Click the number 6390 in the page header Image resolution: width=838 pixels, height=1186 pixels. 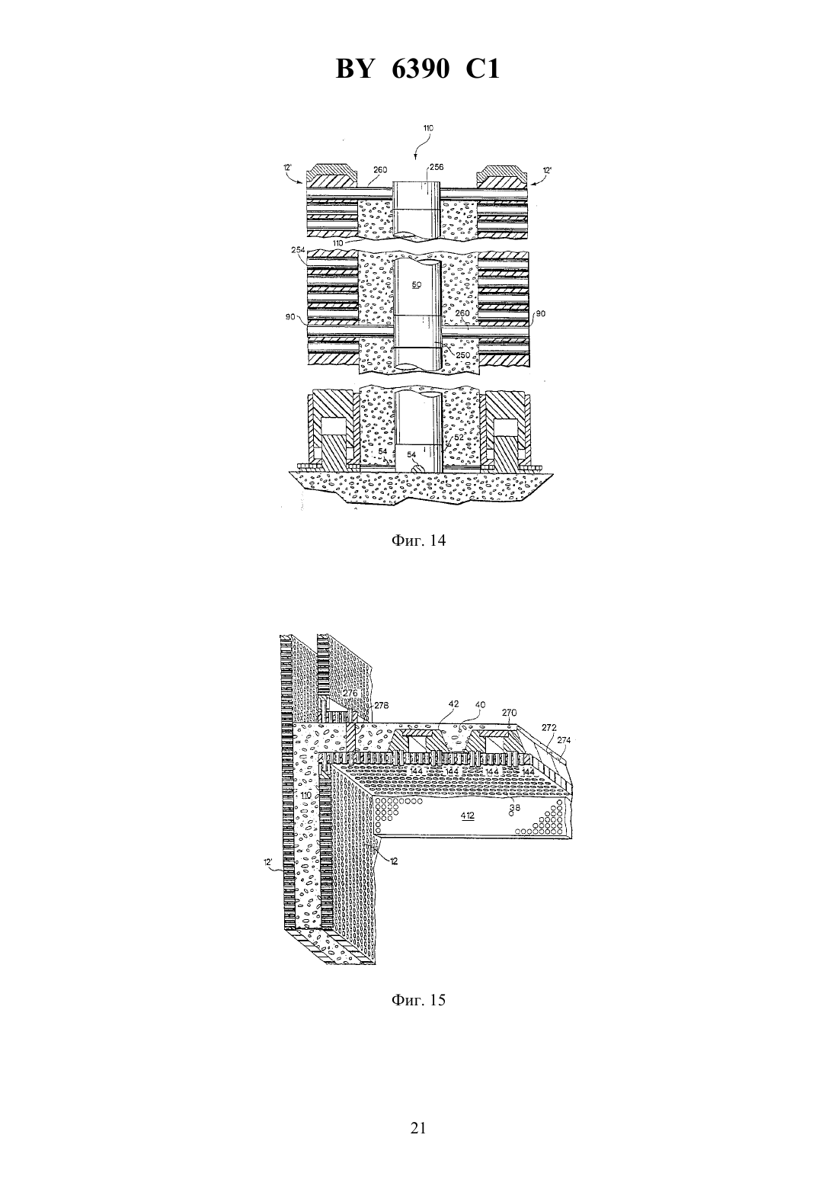point(421,69)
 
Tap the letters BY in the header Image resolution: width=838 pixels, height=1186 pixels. point(354,69)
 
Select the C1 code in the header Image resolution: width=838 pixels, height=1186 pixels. point(482,69)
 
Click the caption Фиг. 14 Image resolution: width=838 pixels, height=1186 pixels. point(418,540)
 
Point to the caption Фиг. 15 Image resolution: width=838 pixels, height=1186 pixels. point(418,999)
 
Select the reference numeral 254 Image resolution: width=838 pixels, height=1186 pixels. point(299,249)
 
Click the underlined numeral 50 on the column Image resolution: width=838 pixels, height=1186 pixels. point(417,285)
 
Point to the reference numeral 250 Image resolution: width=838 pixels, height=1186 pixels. point(463,354)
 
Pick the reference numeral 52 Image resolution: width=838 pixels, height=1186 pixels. point(458,438)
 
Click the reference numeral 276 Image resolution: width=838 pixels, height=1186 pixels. point(350,693)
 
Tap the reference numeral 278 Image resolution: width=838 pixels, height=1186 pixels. point(381,705)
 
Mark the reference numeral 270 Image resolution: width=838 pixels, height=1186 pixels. point(509,713)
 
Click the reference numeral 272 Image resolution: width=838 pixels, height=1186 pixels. point(549,728)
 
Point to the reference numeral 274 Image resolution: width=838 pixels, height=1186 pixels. point(564,741)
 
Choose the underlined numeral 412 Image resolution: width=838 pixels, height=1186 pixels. point(467,816)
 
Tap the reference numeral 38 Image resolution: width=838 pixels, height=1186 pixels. point(514,807)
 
